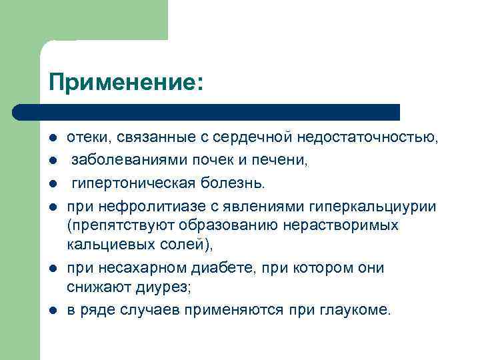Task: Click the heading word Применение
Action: [x=123, y=83]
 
